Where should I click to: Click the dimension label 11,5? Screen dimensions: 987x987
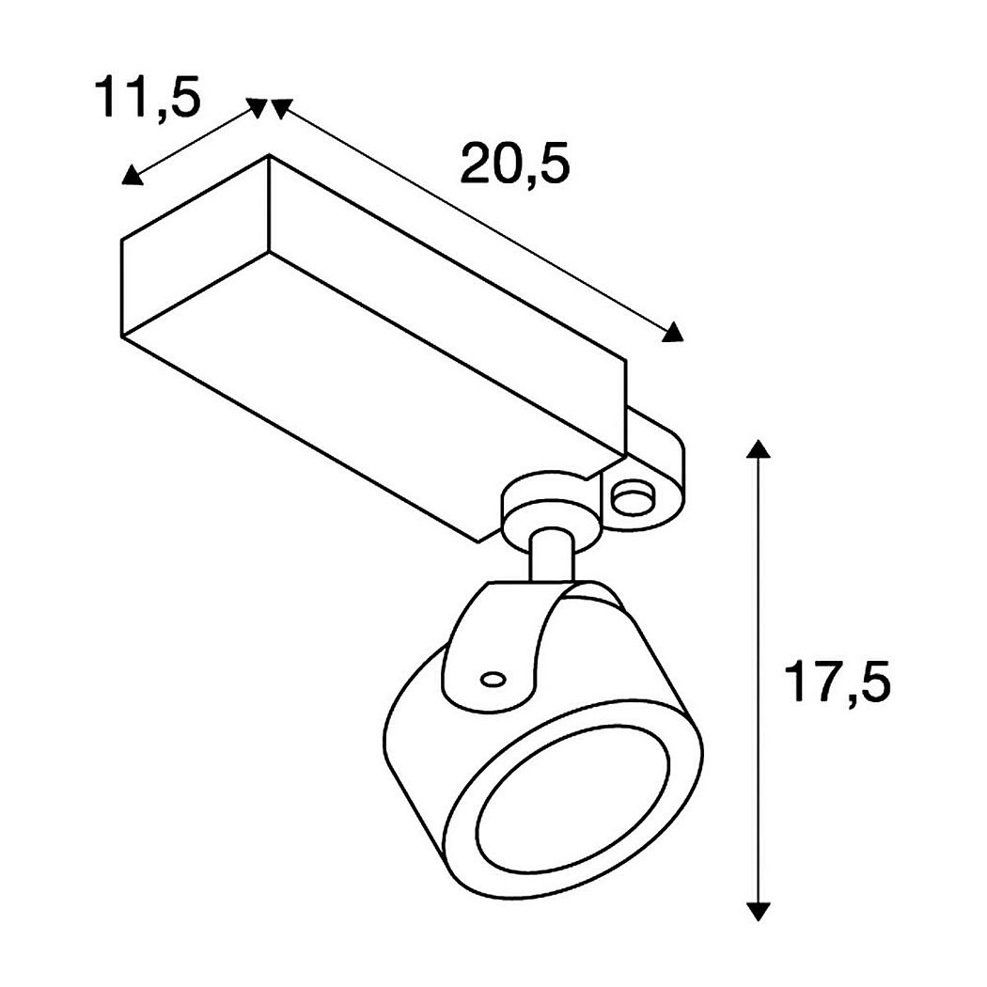click(x=148, y=97)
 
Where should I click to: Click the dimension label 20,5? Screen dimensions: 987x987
click(x=515, y=163)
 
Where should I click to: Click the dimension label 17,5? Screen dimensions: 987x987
click(x=838, y=681)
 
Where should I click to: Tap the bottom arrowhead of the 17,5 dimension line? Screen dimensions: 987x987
click(x=759, y=912)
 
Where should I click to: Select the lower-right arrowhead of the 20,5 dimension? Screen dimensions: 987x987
click(x=673, y=333)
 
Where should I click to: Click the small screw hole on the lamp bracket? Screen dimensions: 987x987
click(x=493, y=680)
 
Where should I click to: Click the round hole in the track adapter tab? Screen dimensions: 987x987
click(x=632, y=500)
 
